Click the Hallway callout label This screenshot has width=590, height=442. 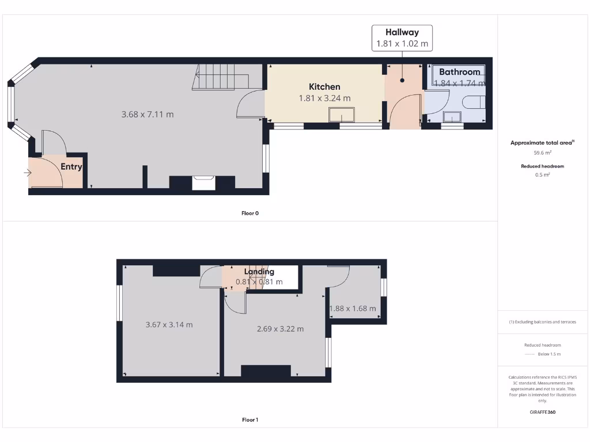coord(402,33)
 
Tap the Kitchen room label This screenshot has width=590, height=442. coord(324,86)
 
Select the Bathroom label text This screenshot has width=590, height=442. coord(459,72)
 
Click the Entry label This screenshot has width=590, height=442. coord(71,167)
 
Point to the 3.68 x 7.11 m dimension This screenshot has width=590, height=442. coord(147,115)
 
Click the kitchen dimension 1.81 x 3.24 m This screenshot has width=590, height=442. coord(324,98)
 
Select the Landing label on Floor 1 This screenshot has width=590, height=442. coord(259,272)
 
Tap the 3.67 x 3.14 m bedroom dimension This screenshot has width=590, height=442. coord(169,325)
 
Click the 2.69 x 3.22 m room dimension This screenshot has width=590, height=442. coord(280,329)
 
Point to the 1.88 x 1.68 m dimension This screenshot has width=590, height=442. coord(353,309)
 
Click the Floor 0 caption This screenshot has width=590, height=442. coord(250,213)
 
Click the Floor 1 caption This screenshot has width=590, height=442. coord(250,420)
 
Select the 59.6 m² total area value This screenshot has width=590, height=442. coord(543,153)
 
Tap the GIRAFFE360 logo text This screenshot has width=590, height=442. coord(543,412)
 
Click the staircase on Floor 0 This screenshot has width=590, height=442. coord(221,77)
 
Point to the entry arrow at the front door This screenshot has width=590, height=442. coord(28,173)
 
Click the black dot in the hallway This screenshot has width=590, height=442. coord(402,81)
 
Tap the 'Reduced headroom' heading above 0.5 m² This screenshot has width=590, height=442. coord(543,166)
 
